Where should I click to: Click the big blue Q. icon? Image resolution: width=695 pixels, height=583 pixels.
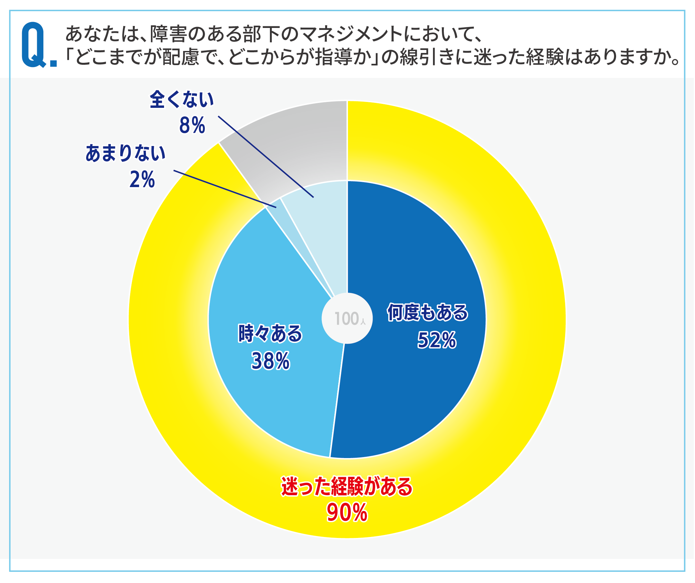tap(39, 45)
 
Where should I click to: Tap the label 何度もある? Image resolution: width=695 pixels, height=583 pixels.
tap(428, 312)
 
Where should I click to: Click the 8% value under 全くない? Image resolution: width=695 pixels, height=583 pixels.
tap(192, 125)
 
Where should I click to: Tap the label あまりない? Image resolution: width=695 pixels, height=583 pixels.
tap(126, 153)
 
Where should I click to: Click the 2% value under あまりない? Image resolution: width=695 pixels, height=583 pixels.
tap(142, 180)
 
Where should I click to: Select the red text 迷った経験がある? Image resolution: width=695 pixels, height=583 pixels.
tap(347, 486)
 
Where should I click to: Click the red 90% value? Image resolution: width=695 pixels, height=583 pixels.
tap(347, 512)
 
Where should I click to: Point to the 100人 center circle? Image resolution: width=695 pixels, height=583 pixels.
tap(347, 319)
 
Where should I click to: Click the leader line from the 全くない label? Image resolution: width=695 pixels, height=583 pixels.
tap(266, 157)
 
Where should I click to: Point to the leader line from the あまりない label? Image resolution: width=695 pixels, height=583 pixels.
tap(225, 189)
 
